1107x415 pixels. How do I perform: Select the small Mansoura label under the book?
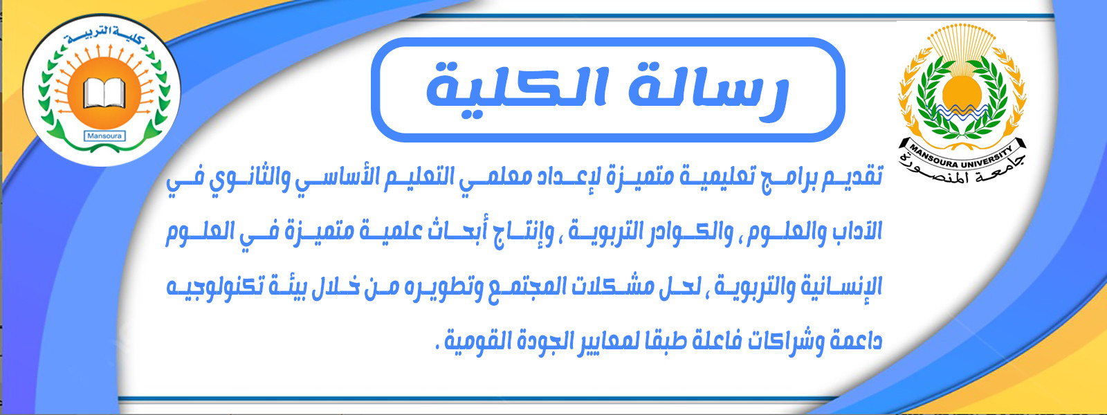104,136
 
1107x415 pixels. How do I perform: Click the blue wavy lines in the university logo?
961,111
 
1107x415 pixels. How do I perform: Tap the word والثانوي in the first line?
241,178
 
